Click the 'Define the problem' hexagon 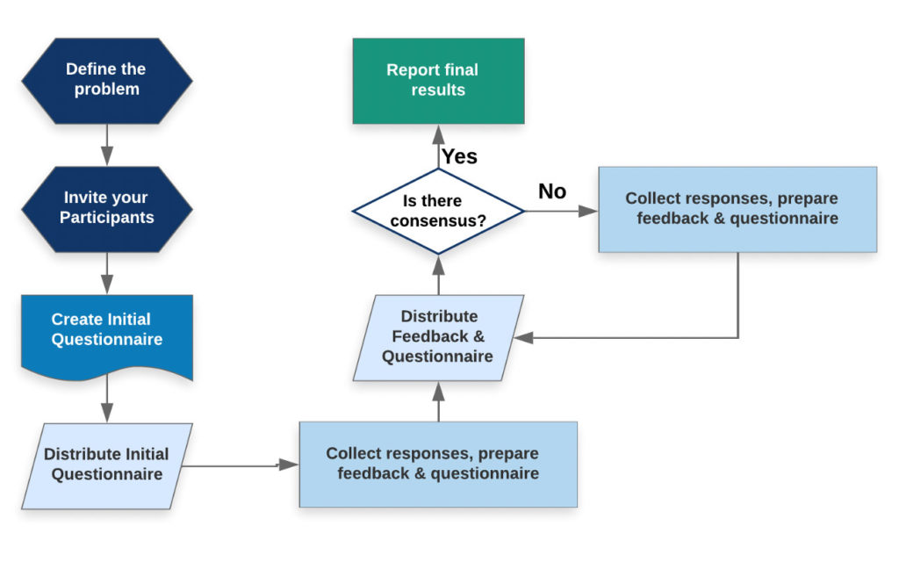click(x=106, y=79)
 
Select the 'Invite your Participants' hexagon click(x=106, y=207)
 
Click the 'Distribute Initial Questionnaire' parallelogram click(x=106, y=465)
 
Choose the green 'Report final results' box click(x=438, y=80)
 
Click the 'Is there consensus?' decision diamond click(x=438, y=211)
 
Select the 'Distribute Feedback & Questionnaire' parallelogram click(x=438, y=336)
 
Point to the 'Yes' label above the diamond click(x=459, y=156)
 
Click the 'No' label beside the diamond click(x=552, y=191)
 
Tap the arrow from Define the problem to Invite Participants click(x=106, y=144)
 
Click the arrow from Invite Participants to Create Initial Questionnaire click(x=106, y=272)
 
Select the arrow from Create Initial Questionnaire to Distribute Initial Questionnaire click(x=106, y=400)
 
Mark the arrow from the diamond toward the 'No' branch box click(x=562, y=211)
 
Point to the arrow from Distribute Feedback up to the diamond click(x=438, y=275)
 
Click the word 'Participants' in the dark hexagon click(x=106, y=217)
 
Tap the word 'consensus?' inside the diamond click(x=438, y=220)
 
